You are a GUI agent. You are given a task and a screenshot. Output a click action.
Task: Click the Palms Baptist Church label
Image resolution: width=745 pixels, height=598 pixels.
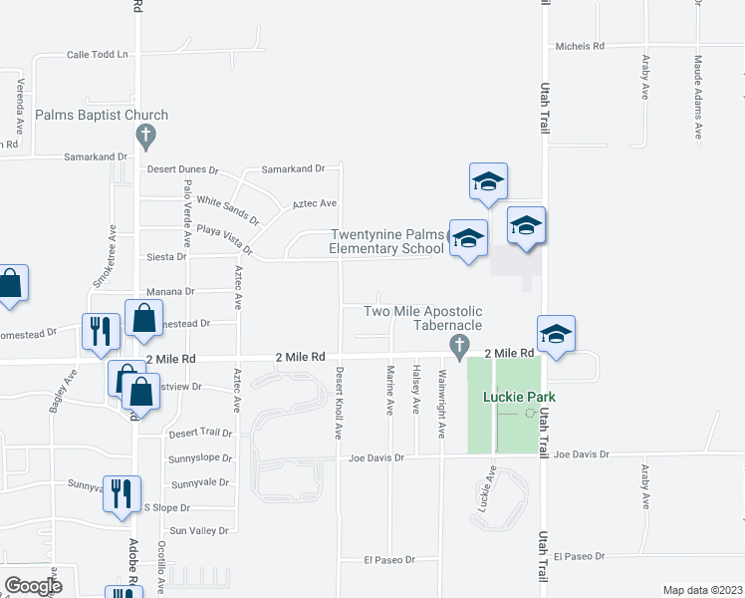pos(102,116)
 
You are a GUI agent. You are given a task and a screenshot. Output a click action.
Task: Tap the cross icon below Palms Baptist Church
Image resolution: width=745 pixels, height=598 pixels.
pos(145,135)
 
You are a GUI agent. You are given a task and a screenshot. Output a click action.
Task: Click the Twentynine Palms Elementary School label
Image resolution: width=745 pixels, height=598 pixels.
pos(386,242)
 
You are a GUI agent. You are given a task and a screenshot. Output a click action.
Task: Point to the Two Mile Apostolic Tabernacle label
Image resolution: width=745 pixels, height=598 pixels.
pos(423,318)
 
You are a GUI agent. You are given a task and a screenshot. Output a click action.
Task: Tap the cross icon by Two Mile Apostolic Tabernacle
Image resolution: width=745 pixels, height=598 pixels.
pos(459,347)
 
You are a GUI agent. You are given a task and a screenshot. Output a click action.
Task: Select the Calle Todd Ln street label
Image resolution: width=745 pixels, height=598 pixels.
pos(99,55)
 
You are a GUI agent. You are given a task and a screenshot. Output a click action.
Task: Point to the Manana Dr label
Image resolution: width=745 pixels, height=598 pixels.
pos(172,291)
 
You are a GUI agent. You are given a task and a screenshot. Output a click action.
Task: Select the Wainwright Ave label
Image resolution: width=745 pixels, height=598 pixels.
pos(441,403)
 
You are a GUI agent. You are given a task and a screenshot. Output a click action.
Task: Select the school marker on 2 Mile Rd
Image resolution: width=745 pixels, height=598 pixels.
pos(556,335)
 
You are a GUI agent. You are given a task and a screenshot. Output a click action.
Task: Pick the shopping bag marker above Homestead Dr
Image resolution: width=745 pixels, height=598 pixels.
pos(143,318)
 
